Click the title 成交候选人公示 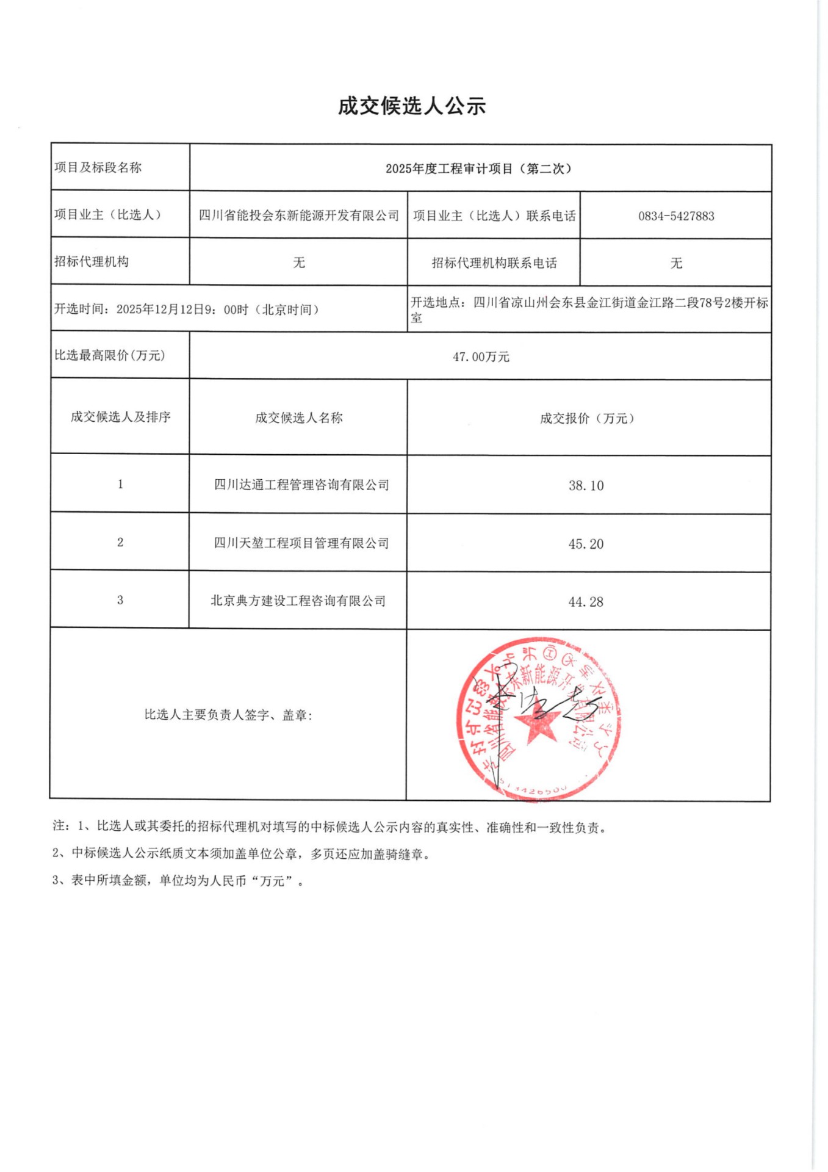[412, 106]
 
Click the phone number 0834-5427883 [676, 216]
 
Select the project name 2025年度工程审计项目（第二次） [480, 168]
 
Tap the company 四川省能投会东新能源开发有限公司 [299, 215]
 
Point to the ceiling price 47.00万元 [481, 356]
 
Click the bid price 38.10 [586, 486]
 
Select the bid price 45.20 [586, 544]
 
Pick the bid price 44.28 [586, 602]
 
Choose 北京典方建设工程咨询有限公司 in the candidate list [298, 601]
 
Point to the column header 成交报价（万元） [587, 418]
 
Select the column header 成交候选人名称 [299, 418]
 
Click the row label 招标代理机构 [92, 262]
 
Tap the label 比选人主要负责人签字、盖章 [228, 715]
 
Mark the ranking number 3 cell [120, 600]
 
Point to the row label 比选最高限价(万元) [110, 355]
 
